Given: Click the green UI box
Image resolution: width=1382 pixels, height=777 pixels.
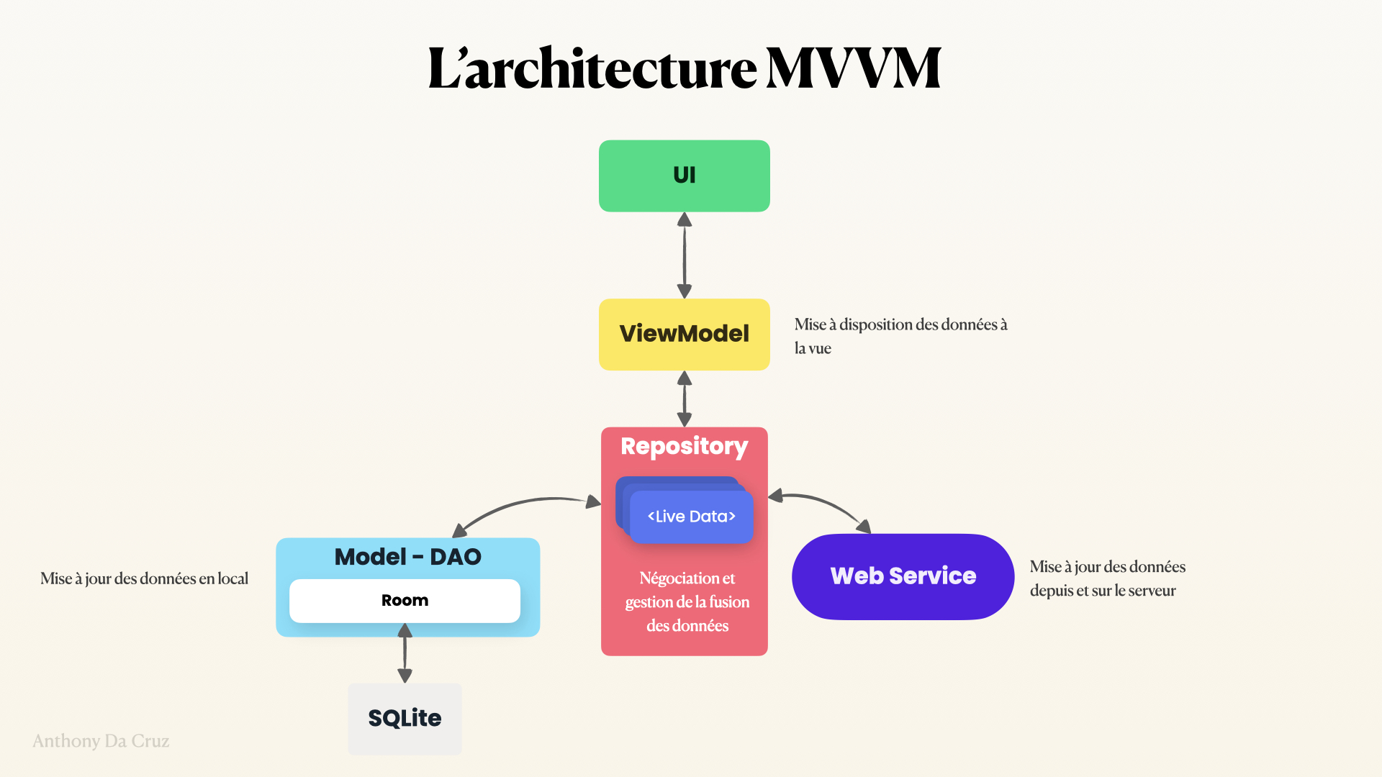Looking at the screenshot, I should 684,176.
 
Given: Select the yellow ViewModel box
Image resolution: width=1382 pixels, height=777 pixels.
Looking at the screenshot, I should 684,334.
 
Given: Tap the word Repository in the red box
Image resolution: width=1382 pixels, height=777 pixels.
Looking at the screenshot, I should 684,446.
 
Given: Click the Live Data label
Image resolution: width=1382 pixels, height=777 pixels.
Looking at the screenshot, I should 691,517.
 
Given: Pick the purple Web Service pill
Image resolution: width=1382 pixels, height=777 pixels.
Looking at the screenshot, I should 903,576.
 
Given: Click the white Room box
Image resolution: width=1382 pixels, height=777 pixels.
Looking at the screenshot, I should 405,601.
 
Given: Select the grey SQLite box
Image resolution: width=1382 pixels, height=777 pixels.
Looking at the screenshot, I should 405,718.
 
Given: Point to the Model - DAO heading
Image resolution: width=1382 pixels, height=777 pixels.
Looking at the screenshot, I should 407,557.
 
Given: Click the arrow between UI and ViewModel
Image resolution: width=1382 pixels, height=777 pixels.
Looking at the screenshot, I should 685,255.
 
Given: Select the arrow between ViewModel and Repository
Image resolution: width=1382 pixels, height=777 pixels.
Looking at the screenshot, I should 685,399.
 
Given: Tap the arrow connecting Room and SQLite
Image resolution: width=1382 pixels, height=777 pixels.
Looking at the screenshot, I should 405,653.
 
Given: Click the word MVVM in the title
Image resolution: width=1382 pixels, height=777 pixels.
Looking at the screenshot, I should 853,69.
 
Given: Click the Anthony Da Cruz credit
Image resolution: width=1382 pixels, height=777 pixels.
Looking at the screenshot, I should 101,741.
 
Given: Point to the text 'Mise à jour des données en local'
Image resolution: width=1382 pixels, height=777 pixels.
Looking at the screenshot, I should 144,578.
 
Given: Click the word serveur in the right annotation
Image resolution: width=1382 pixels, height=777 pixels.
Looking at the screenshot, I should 1152,591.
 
